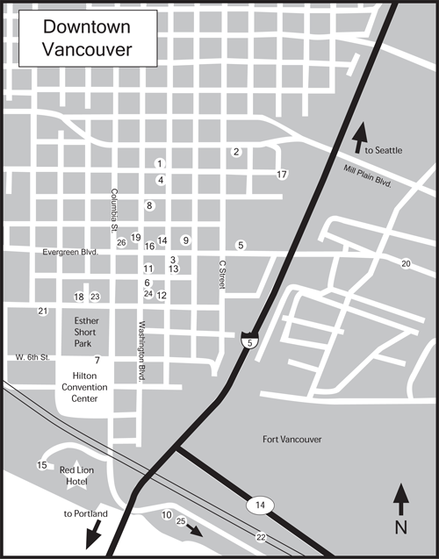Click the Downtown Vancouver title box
click(89, 39)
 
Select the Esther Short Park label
click(87, 333)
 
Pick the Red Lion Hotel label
click(77, 477)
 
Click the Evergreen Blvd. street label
click(69, 253)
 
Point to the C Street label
click(223, 275)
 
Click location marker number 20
click(406, 263)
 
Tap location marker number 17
click(282, 175)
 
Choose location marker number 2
click(236, 152)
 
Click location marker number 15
click(41, 465)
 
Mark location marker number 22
click(261, 536)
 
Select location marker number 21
click(42, 312)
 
